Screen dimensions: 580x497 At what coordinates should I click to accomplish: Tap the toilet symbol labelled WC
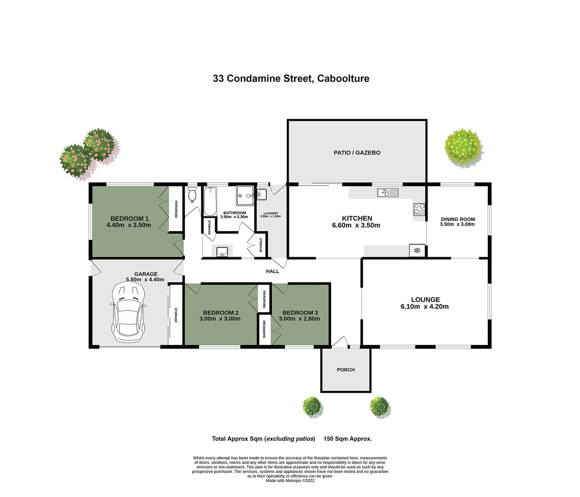coord(192,194)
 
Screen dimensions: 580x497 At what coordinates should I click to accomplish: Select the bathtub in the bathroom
coord(210,201)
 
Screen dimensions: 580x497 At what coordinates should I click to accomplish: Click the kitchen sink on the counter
coord(388,192)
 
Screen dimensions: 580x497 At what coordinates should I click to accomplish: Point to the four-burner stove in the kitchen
coord(419,209)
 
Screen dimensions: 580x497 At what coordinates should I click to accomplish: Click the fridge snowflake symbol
coord(417,250)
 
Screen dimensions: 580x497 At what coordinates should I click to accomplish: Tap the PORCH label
coord(346,370)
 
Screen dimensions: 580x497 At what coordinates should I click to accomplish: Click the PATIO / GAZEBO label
coord(357,153)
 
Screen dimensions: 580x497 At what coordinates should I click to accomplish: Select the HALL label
coord(272,271)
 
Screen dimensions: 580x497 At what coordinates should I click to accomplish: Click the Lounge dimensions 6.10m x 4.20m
coord(424,306)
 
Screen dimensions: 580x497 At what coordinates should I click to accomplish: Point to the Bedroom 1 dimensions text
coord(129,225)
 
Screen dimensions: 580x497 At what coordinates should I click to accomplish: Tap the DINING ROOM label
coord(457,219)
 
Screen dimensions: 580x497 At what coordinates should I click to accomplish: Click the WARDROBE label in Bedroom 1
coord(176,209)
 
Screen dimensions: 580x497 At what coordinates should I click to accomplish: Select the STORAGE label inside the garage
coord(176,315)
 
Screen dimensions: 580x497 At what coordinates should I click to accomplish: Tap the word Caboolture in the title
coord(343,78)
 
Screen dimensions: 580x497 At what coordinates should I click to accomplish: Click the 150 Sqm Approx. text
coord(348,439)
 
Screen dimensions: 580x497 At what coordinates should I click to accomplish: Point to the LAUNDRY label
coord(271,213)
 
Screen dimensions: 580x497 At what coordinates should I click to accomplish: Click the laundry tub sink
coord(262,194)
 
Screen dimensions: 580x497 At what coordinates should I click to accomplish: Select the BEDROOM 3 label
coord(300,312)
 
